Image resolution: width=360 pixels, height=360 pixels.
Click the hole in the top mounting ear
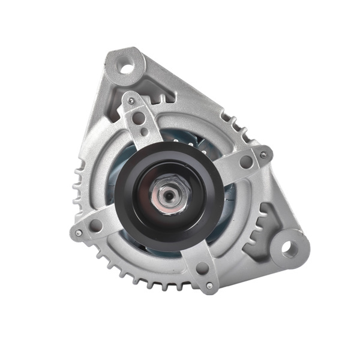pos(126,65)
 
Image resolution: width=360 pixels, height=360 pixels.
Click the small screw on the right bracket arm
pos(263,155)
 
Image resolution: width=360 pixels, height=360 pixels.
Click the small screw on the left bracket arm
pos(78,233)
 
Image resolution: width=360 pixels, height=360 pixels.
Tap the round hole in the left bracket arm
pos(96,226)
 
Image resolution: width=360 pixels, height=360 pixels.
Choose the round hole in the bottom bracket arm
pos(202,268)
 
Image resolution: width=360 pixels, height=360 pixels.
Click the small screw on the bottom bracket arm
pos(209,286)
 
